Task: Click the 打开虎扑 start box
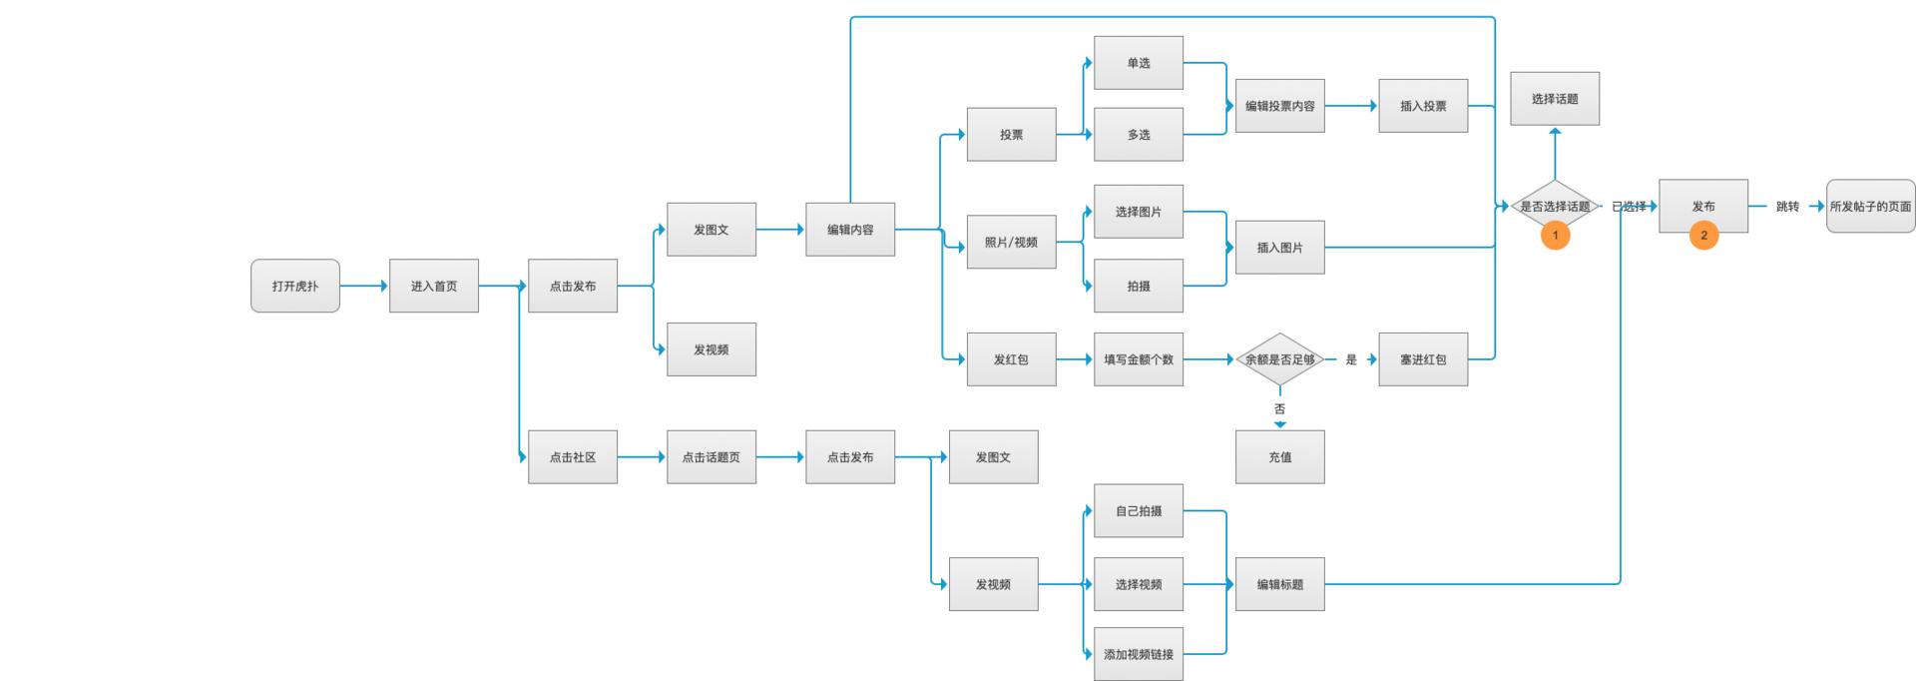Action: pyautogui.click(x=294, y=286)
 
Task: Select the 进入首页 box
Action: pyautogui.click(x=433, y=286)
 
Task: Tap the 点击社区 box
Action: pyautogui.click(x=572, y=457)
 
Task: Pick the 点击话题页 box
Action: pyautogui.click(x=711, y=457)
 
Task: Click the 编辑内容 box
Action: pyautogui.click(x=849, y=230)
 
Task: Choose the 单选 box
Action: pyautogui.click(x=1138, y=63)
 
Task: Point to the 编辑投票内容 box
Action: pyautogui.click(x=1279, y=106)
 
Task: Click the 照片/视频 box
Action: pyautogui.click(x=1011, y=242)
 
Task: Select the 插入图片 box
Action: pyautogui.click(x=1279, y=248)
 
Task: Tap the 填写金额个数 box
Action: pyautogui.click(x=1138, y=359)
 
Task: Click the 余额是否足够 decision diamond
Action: pyautogui.click(x=1279, y=359)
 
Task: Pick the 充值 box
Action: pyautogui.click(x=1279, y=457)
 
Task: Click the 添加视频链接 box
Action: pyautogui.click(x=1138, y=654)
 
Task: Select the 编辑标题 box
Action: pyautogui.click(x=1279, y=584)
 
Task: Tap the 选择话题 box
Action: pyautogui.click(x=1554, y=99)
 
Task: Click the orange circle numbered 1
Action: pyautogui.click(x=1554, y=236)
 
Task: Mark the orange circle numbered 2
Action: pyautogui.click(x=1702, y=236)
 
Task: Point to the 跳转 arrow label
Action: pyautogui.click(x=1786, y=207)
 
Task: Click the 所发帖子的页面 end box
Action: pyautogui.click(x=1870, y=207)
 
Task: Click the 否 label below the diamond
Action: pyautogui.click(x=1279, y=408)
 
